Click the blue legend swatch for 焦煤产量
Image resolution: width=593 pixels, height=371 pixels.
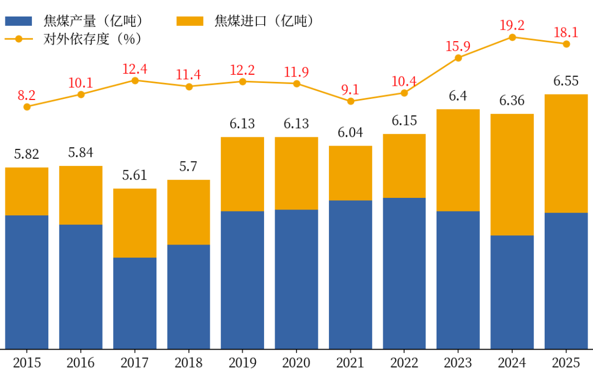click(20, 21)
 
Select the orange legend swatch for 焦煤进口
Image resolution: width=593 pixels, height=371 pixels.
click(190, 21)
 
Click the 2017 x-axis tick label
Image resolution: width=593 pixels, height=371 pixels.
click(135, 363)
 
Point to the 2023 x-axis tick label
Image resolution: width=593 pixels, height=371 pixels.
click(458, 363)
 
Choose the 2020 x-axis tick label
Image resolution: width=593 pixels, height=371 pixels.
click(296, 363)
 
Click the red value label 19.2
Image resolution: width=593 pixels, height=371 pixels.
click(512, 25)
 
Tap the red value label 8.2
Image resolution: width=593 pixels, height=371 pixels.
click(26, 95)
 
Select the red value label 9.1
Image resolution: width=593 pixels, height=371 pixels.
click(350, 90)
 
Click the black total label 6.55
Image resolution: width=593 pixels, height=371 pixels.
click(566, 81)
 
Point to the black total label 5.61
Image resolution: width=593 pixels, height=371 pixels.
click(135, 176)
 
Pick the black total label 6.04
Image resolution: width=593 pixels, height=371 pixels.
click(350, 133)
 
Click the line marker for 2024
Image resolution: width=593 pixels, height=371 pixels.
click(512, 37)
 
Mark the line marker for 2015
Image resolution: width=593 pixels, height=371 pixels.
click(27, 107)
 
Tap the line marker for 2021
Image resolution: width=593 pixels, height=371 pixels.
click(350, 101)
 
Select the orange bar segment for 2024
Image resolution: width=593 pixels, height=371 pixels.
click(512, 174)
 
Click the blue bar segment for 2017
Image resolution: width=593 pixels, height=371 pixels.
click(135, 303)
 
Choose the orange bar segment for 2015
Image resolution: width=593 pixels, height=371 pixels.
click(27, 191)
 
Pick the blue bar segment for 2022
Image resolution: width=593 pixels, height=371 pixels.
click(404, 273)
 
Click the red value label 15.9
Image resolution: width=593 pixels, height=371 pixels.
click(458, 46)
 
